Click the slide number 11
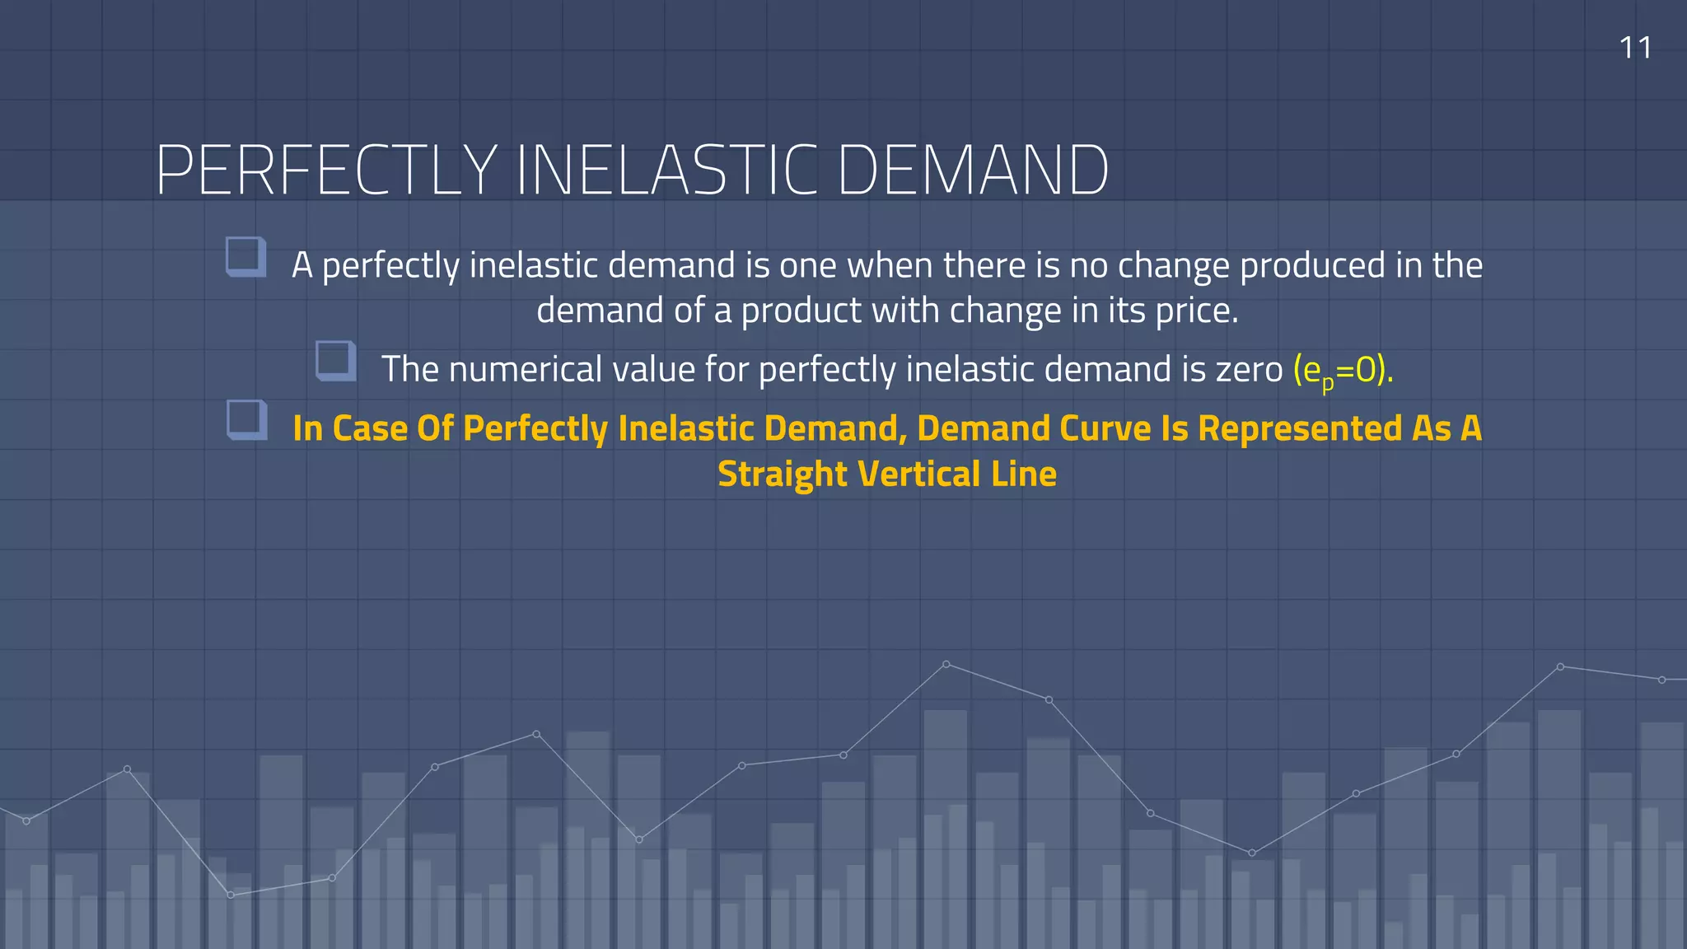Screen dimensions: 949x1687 tap(1635, 48)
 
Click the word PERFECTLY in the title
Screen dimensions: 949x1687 tap(325, 171)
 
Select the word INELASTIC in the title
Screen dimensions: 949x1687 tap(667, 171)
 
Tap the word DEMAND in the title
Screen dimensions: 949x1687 tap(972, 171)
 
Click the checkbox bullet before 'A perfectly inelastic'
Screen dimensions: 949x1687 tap(245, 257)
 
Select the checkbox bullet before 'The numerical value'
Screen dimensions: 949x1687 tap(335, 361)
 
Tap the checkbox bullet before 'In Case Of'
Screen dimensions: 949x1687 tap(246, 420)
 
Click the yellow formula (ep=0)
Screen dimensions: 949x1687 tap(1343, 370)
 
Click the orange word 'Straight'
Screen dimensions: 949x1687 tap(782, 474)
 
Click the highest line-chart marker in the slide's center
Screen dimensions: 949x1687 tap(946, 664)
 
